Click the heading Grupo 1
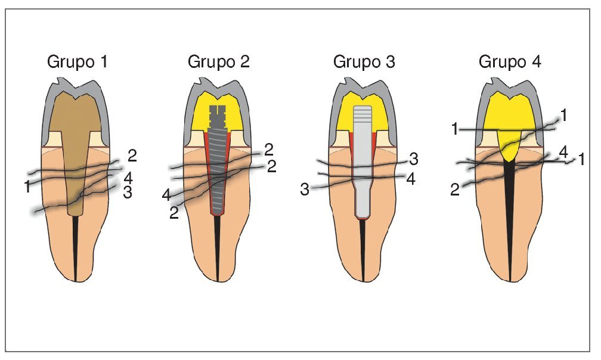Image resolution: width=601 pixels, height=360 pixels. [x=78, y=62]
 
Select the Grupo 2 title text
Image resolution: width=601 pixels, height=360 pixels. [x=219, y=62]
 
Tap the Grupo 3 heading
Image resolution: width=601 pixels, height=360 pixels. [x=364, y=62]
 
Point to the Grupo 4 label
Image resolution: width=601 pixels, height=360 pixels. [x=510, y=62]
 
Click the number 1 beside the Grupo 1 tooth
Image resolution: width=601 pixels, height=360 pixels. [x=27, y=187]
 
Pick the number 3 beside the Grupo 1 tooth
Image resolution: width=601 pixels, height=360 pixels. [x=127, y=191]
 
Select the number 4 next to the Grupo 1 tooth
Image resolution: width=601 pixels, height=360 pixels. [x=128, y=178]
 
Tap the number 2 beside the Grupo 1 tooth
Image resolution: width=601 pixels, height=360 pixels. [x=132, y=156]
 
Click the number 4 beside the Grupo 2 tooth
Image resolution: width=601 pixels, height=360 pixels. [x=166, y=194]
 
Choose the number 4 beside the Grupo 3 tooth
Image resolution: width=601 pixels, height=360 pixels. [x=410, y=178]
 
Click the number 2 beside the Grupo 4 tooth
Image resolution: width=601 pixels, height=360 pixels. [x=455, y=190]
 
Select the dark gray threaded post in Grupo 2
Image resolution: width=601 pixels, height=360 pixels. [x=218, y=173]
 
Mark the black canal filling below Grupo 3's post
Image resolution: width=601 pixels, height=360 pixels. [x=363, y=247]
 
